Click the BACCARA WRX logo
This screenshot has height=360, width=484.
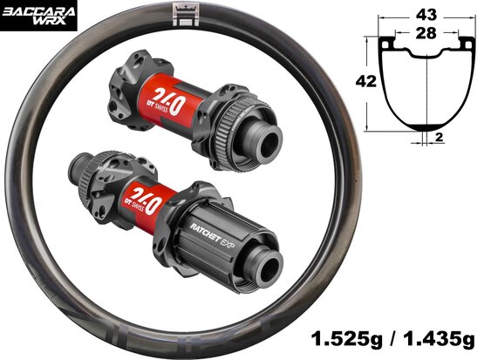(x=38, y=16)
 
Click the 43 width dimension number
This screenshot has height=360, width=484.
(x=426, y=15)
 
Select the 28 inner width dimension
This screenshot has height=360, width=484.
(x=426, y=33)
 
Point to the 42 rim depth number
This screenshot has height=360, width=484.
(x=366, y=81)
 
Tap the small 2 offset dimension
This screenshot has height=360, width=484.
(x=439, y=137)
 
